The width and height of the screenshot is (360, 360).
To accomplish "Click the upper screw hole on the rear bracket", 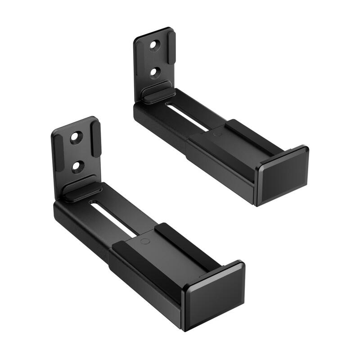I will [155, 45].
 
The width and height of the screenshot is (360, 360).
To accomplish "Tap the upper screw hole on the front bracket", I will [76, 138].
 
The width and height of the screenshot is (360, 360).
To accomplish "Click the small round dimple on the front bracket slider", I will [145, 241].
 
